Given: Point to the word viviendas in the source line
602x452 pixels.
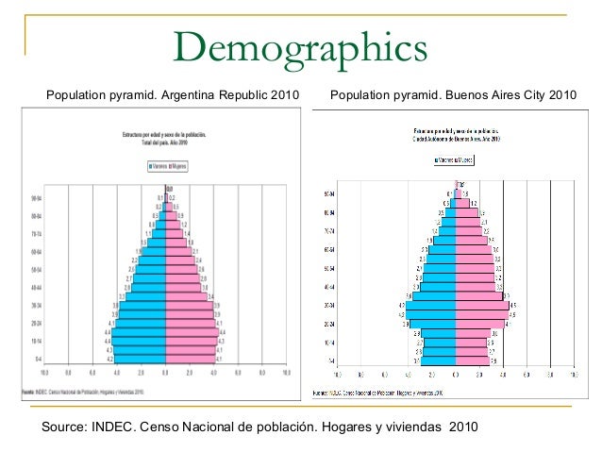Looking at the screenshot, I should [411, 427].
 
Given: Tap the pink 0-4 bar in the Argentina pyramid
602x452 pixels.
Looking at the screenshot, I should [190, 360].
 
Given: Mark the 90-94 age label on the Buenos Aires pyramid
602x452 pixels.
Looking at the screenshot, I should [331, 193].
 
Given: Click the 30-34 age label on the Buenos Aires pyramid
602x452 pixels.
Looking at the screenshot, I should [331, 306].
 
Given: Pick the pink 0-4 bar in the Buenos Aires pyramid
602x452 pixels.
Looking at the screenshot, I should [471, 361].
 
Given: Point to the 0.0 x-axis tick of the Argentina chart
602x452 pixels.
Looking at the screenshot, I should [165, 373].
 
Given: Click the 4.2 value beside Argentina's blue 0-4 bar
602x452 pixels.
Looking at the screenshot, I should [109, 360].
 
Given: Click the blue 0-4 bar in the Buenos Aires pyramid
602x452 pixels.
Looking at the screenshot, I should [439, 361].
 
